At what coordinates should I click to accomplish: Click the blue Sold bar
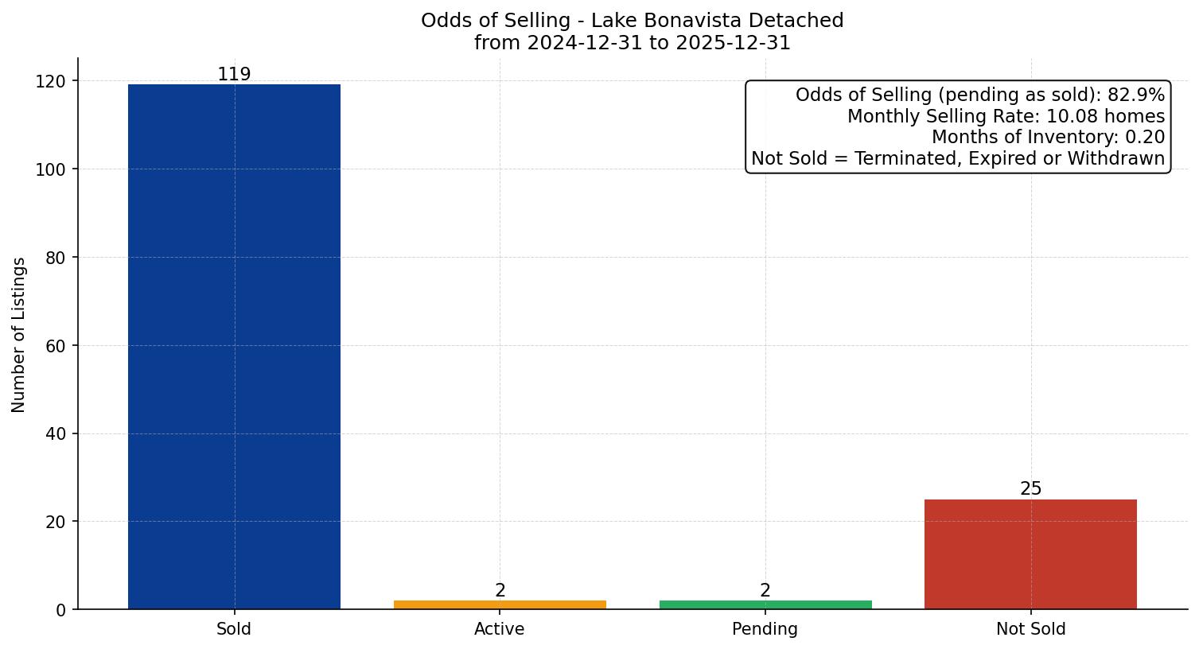pyautogui.click(x=234, y=347)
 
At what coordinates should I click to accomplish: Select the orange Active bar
pyautogui.click(x=500, y=604)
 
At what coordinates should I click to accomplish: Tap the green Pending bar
pyautogui.click(x=765, y=604)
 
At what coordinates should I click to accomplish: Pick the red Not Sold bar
pyautogui.click(x=1030, y=554)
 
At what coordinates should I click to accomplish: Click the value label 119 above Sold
pyautogui.click(x=234, y=74)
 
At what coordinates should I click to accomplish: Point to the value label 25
pyautogui.click(x=1030, y=488)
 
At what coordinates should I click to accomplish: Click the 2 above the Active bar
pyautogui.click(x=500, y=590)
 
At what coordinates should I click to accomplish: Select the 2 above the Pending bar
pyautogui.click(x=765, y=590)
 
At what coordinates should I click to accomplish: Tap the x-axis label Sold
pyautogui.click(x=234, y=629)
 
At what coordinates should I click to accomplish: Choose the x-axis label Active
pyautogui.click(x=500, y=629)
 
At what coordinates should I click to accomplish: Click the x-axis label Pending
pyautogui.click(x=765, y=629)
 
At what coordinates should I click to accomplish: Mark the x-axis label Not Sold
pyautogui.click(x=1030, y=629)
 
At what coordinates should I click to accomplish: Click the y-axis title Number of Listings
pyautogui.click(x=19, y=334)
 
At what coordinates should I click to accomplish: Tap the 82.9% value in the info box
pyautogui.click(x=1135, y=95)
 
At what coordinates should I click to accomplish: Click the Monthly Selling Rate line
pyautogui.click(x=1006, y=116)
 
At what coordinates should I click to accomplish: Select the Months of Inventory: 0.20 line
pyautogui.click(x=1048, y=138)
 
